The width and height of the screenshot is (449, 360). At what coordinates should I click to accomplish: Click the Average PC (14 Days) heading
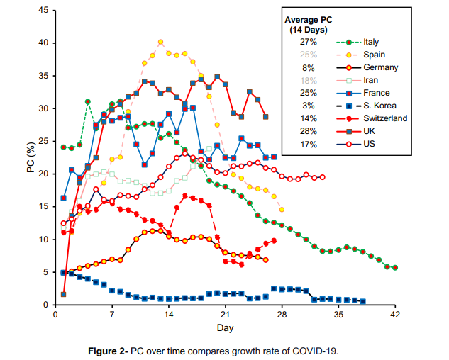coord(309,25)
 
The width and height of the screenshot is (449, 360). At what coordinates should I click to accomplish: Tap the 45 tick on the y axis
coord(43,11)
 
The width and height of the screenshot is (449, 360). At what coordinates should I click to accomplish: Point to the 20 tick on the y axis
coord(43,174)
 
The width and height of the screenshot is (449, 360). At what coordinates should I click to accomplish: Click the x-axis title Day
coord(225,327)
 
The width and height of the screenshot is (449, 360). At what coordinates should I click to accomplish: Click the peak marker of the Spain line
coord(160,42)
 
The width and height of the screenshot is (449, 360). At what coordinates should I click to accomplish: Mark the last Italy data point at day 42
coord(394,268)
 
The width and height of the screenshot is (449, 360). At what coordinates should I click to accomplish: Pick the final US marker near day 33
coord(322,177)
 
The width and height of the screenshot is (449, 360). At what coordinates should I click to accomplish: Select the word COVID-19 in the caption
coord(318,351)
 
